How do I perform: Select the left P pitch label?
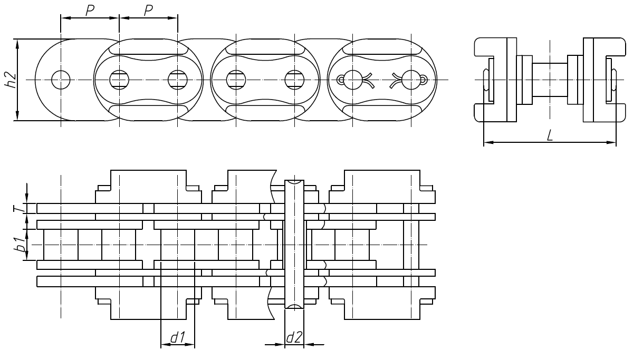(90, 10)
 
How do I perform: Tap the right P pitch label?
(148, 10)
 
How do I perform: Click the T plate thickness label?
(18, 209)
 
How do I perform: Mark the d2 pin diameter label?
(294, 338)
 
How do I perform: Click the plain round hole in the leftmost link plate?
(61, 80)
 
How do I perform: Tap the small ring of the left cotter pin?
(340, 80)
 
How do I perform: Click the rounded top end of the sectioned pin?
(294, 182)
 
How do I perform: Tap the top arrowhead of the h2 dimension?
(18, 43)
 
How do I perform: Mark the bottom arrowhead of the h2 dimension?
(18, 116)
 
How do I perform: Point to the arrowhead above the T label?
(27, 200)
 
